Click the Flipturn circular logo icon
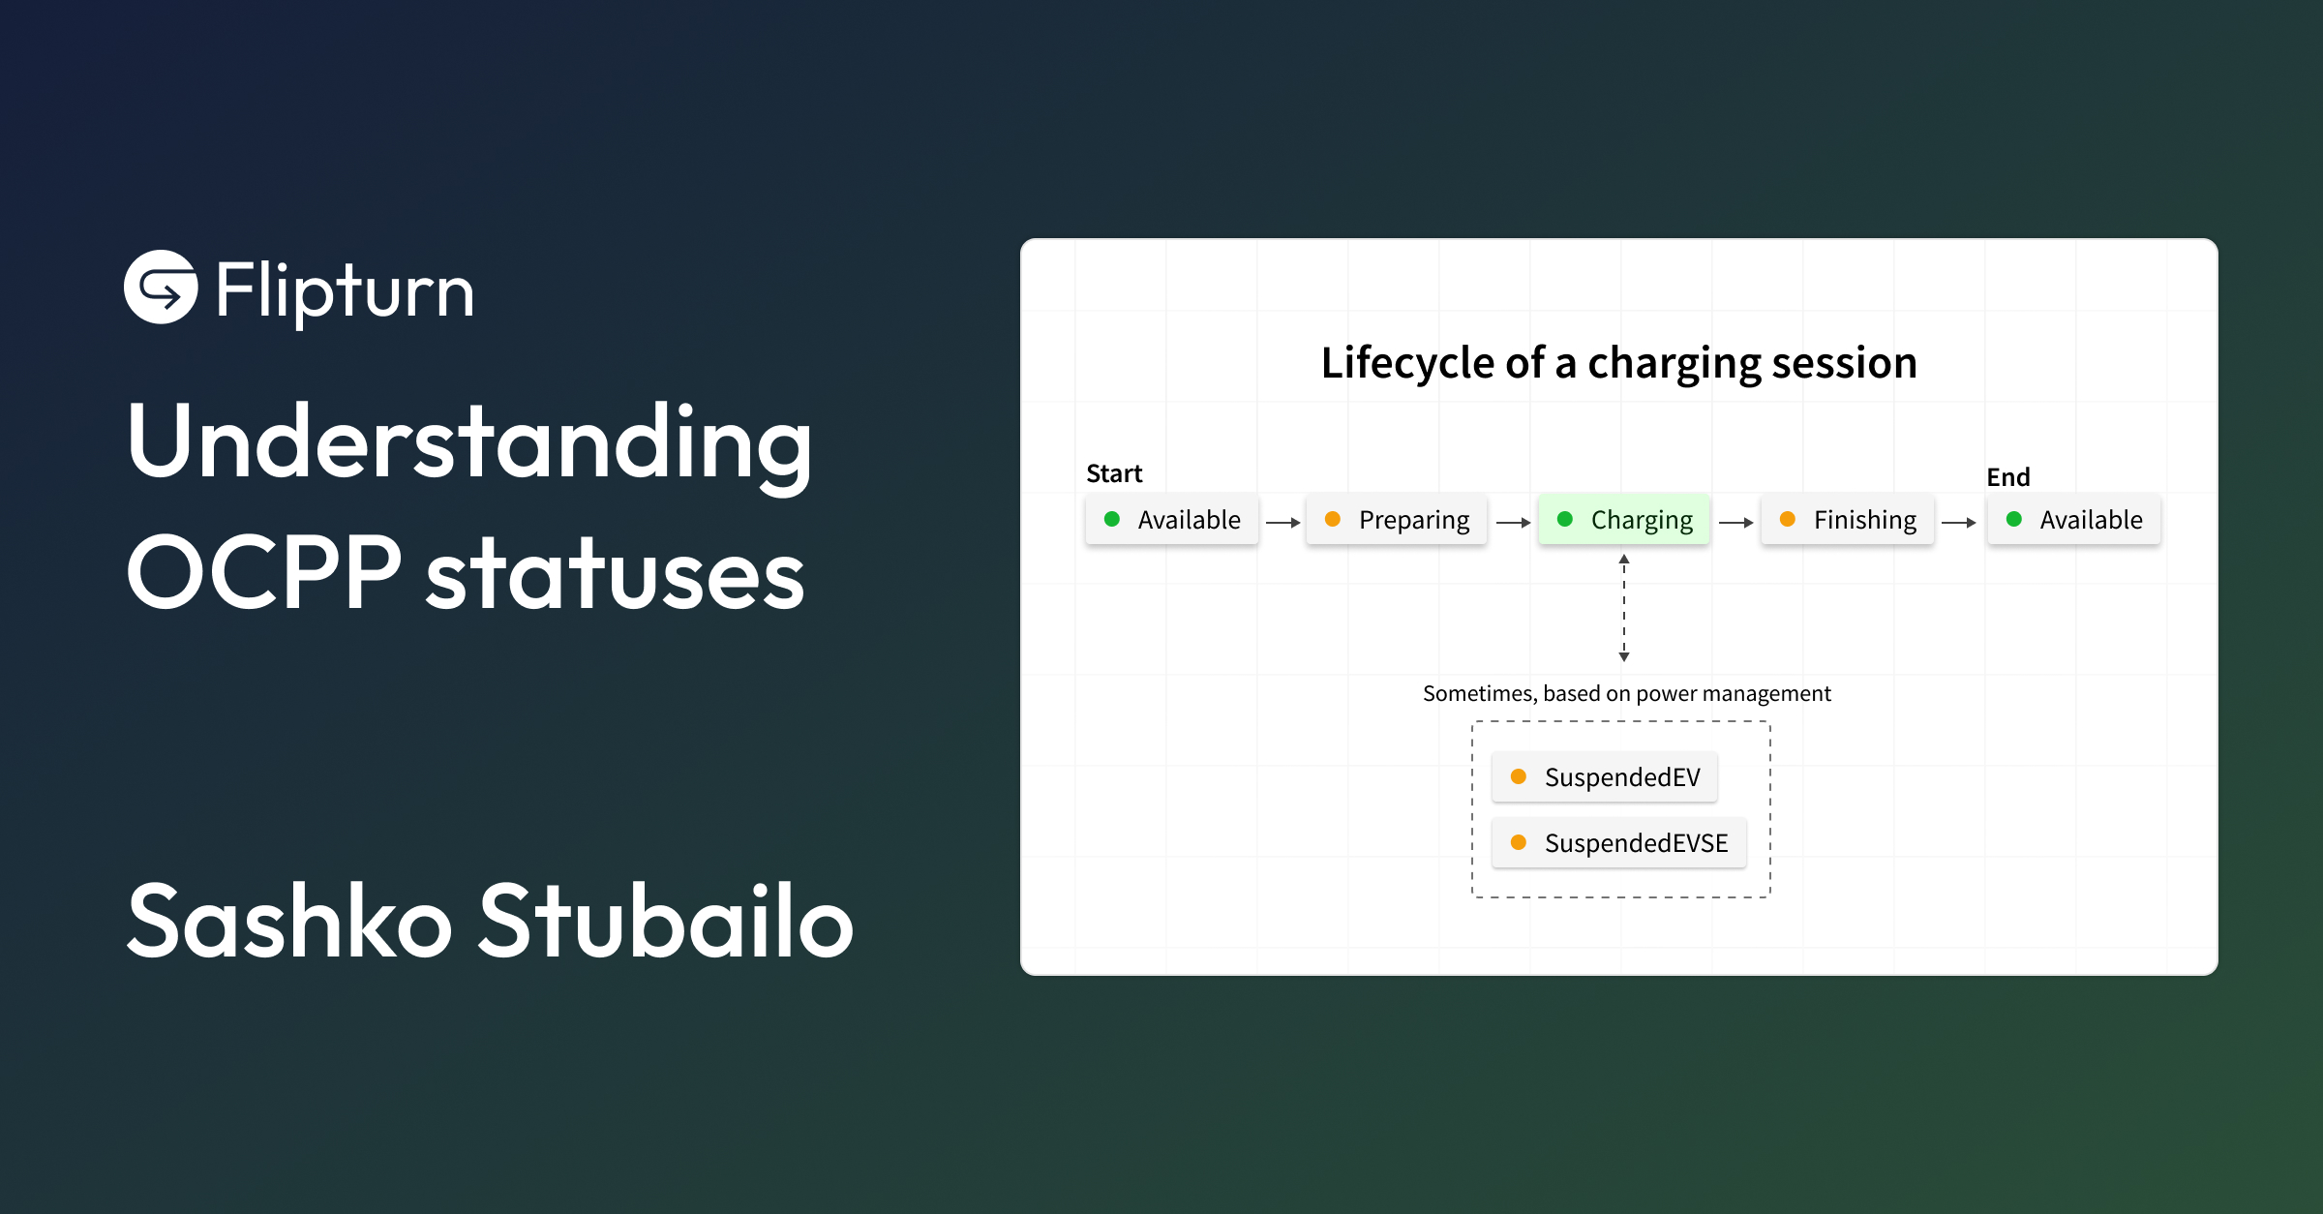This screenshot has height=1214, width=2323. (x=161, y=287)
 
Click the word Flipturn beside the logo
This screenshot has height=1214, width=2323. (x=344, y=290)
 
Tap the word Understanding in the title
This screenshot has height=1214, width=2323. (x=469, y=442)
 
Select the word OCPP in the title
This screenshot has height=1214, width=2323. (x=263, y=573)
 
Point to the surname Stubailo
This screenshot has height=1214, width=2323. (x=666, y=921)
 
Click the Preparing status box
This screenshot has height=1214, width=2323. (x=1396, y=520)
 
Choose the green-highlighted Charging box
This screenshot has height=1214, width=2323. (x=1624, y=520)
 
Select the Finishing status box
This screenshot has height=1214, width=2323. (x=1847, y=520)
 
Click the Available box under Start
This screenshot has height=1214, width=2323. (x=1171, y=520)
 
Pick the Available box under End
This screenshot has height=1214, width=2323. (x=2073, y=520)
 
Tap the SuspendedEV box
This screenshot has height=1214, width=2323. (x=1604, y=777)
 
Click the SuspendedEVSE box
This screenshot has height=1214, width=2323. (x=1618, y=843)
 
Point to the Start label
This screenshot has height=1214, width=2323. (x=1114, y=473)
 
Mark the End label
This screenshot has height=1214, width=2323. (x=2007, y=477)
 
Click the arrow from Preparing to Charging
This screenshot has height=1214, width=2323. (x=1513, y=523)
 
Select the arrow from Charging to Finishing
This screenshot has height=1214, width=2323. (x=1735, y=523)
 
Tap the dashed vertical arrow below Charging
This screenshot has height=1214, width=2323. (x=1624, y=608)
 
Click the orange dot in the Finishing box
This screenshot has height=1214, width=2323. (x=1788, y=520)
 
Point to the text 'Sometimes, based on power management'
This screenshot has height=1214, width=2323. (x=1626, y=693)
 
